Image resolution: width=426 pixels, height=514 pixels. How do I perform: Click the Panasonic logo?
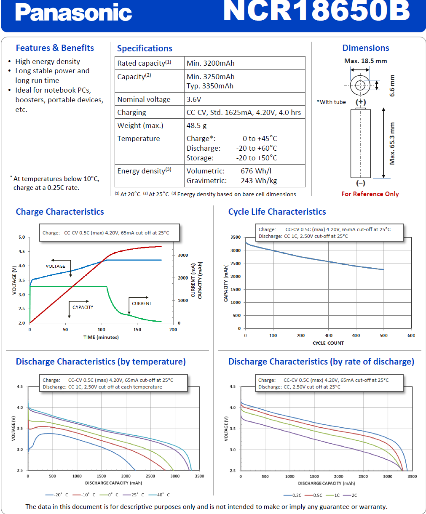(x=73, y=12)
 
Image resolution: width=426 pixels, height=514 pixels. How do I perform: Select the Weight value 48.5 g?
(x=196, y=125)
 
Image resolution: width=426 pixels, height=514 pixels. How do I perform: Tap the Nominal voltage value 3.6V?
(x=194, y=99)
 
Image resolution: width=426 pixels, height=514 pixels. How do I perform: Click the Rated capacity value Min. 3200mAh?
(x=210, y=63)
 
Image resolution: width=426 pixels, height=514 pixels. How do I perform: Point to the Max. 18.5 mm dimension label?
(x=365, y=61)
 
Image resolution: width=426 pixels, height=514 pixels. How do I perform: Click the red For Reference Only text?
(x=370, y=194)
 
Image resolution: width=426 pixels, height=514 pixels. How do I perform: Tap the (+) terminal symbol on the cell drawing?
(x=360, y=102)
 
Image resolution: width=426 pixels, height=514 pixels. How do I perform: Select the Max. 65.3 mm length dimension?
(x=392, y=143)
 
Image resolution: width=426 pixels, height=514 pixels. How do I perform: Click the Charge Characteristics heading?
(x=60, y=212)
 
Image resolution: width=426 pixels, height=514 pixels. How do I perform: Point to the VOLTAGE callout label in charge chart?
(x=56, y=266)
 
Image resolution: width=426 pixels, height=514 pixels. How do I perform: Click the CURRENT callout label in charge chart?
(x=142, y=304)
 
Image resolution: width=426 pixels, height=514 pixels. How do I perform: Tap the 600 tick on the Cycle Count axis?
(x=411, y=335)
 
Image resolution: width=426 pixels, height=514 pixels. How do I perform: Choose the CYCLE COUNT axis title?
(x=328, y=343)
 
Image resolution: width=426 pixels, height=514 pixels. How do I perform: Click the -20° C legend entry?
(x=56, y=495)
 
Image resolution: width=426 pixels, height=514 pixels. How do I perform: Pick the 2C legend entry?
(x=350, y=495)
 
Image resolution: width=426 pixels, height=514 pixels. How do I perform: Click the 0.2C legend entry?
(x=292, y=495)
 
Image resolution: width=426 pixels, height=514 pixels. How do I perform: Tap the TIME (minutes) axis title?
(x=101, y=337)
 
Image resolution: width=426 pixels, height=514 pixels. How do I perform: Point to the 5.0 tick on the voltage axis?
(x=21, y=237)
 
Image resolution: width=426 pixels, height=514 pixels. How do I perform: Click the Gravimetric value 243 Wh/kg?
(x=259, y=181)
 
